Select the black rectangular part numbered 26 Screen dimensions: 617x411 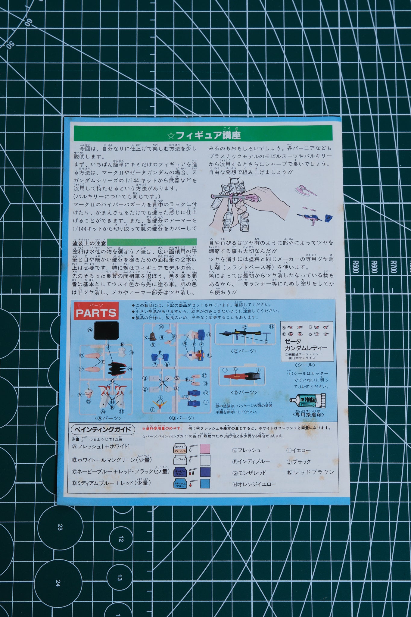pos(106,330)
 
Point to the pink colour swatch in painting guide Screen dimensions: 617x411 pos(205,449)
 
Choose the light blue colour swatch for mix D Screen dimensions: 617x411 pos(205,484)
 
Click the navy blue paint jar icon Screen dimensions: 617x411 pos(180,472)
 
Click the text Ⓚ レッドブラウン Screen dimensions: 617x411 pos(310,472)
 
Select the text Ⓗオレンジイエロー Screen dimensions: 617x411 pos(254,484)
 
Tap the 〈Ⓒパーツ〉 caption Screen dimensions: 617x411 pos(244,351)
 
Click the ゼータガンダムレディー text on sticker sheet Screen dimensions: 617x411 pos(306,345)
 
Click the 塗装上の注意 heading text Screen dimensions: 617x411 pos(89,243)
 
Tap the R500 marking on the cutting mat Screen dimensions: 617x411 pos(355,267)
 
